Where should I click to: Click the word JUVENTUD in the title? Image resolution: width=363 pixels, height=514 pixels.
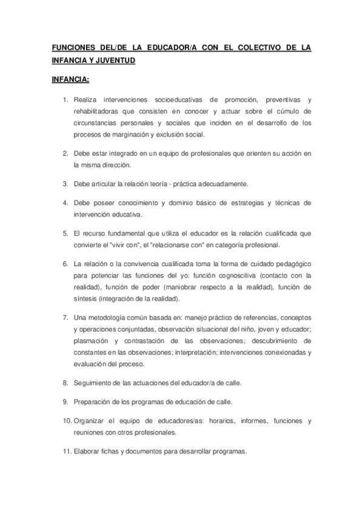point(114,61)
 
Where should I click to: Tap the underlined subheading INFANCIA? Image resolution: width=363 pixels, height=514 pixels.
point(70,79)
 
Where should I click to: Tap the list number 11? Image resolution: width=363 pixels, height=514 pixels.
point(66,452)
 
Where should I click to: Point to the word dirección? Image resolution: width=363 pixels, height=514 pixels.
point(113,165)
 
